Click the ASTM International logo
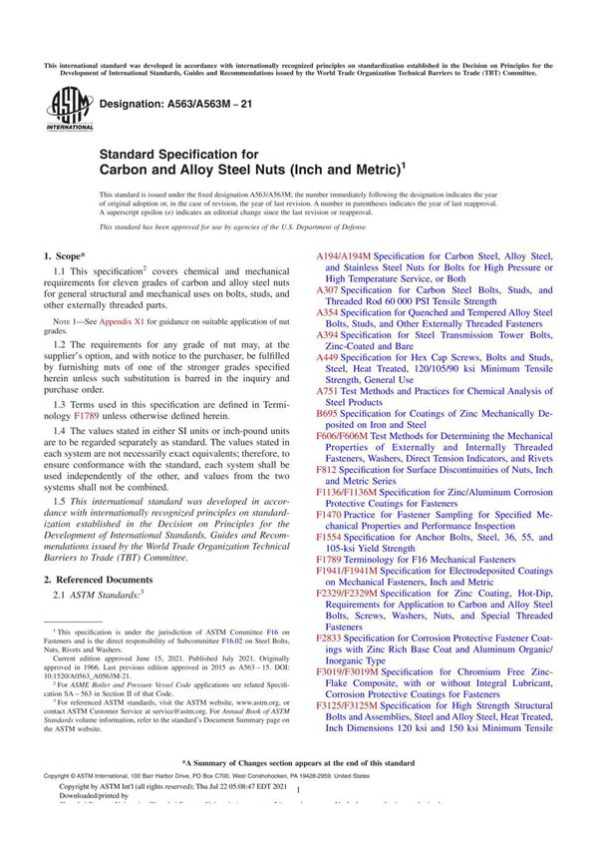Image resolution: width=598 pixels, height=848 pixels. click(x=64, y=109)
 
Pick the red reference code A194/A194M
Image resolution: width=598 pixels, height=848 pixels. click(x=343, y=256)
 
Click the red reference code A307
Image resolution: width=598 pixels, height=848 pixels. click(x=329, y=290)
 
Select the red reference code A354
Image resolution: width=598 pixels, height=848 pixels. click(x=329, y=313)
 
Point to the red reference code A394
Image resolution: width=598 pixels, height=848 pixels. click(x=329, y=335)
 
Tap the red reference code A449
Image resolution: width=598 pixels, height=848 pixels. click(x=329, y=357)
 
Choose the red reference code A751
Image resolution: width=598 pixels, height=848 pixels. click(x=329, y=391)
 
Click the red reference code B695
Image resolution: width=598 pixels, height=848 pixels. click(x=329, y=413)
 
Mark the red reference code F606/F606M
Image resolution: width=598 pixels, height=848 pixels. click(x=343, y=436)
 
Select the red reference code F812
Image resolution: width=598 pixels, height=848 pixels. click(x=327, y=470)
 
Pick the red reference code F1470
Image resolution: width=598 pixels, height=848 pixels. click(x=330, y=515)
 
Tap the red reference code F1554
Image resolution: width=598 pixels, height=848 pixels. click(x=330, y=537)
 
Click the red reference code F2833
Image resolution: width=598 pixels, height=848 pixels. click(x=330, y=637)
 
